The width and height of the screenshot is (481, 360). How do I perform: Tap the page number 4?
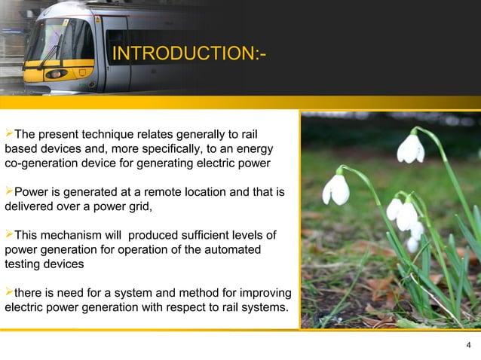(x=469, y=346)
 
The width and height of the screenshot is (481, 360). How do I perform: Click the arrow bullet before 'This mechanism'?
(x=9, y=235)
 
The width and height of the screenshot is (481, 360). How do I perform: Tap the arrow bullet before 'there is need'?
(x=9, y=292)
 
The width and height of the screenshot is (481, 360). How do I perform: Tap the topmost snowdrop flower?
(x=411, y=148)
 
